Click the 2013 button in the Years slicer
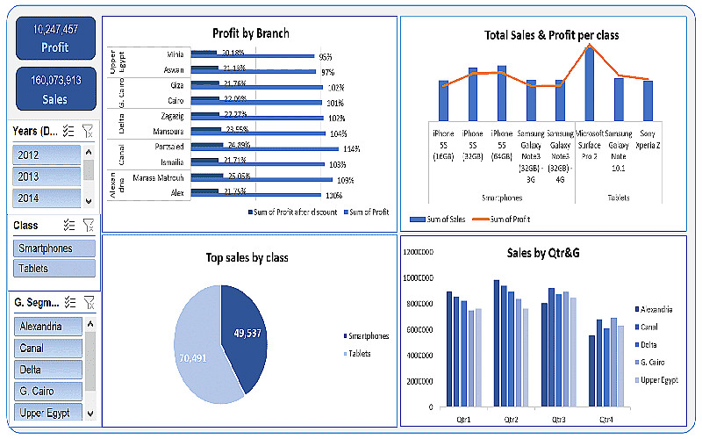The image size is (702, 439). [x=47, y=176]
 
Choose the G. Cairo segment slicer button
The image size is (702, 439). [x=47, y=391]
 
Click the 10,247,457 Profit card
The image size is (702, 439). [x=54, y=38]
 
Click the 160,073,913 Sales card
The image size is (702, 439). [x=54, y=90]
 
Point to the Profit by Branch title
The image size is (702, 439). [x=251, y=33]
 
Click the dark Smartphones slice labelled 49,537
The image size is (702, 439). [x=246, y=333]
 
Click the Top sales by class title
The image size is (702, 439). [x=247, y=257]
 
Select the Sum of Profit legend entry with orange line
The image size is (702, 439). [x=505, y=219]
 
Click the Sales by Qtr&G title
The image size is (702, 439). [x=543, y=253]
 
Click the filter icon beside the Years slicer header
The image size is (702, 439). [x=87, y=131]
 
